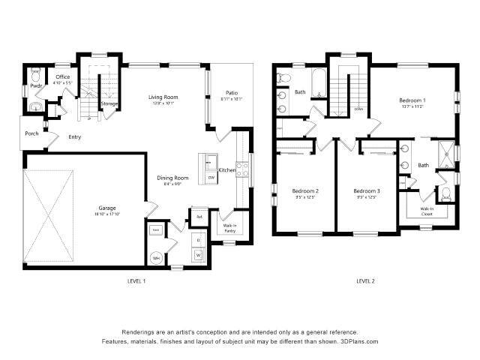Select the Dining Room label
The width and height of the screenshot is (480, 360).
click(172, 178)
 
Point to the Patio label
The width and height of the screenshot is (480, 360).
click(232, 93)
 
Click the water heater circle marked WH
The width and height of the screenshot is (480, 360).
click(157, 257)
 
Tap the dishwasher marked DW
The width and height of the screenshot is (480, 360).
click(211, 178)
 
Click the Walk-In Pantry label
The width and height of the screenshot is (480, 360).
click(229, 228)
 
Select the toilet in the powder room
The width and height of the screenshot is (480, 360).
click(36, 76)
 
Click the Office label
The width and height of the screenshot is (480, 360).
click(62, 76)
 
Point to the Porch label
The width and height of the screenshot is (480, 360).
click(31, 134)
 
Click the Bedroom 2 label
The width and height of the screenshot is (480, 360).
click(305, 191)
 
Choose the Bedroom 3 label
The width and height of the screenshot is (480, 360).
click(367, 191)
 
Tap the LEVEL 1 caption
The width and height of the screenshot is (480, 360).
click(136, 280)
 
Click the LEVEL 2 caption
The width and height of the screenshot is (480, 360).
click(365, 280)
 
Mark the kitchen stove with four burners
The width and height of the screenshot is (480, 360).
click(241, 170)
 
